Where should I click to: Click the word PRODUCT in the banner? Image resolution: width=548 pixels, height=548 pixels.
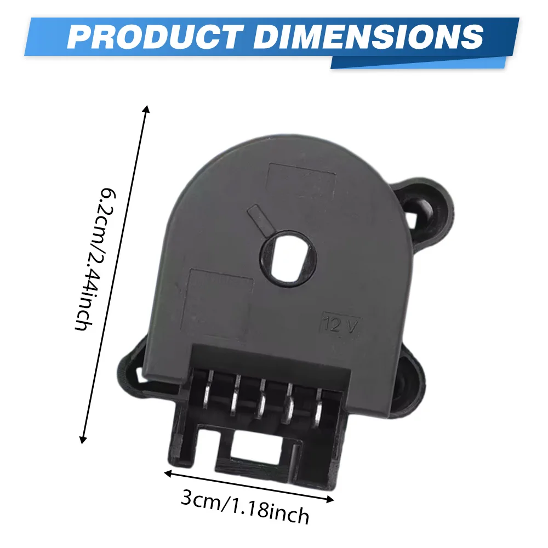coord(155,37)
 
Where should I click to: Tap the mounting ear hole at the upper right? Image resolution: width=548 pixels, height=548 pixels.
coord(422,209)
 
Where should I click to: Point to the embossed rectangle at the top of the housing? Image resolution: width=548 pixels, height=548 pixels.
coord(301,181)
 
